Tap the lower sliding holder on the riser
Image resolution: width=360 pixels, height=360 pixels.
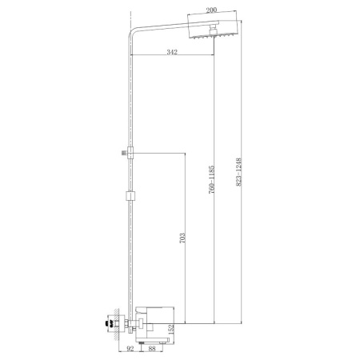(x=128, y=194)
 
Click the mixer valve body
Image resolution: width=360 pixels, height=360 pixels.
(x=152, y=319)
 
